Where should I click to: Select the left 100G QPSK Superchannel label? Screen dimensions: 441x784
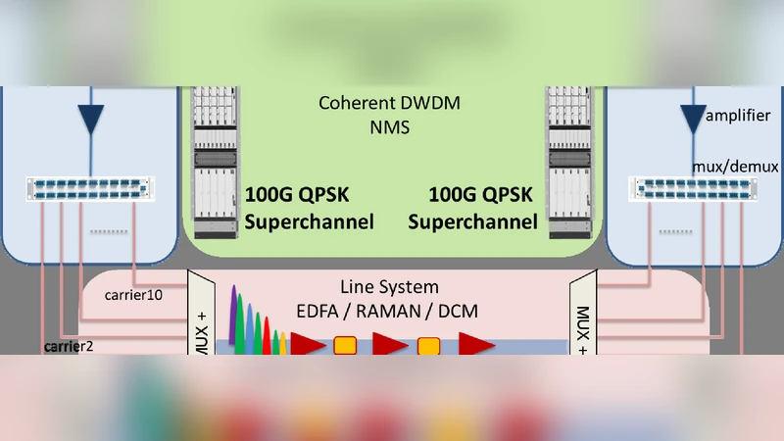[x=310, y=208]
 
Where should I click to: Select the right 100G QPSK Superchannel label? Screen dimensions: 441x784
[x=473, y=208]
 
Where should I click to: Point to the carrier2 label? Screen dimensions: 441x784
[x=69, y=346]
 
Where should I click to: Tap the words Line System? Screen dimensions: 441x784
[x=389, y=287]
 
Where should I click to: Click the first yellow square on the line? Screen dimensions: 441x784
[x=344, y=345]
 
